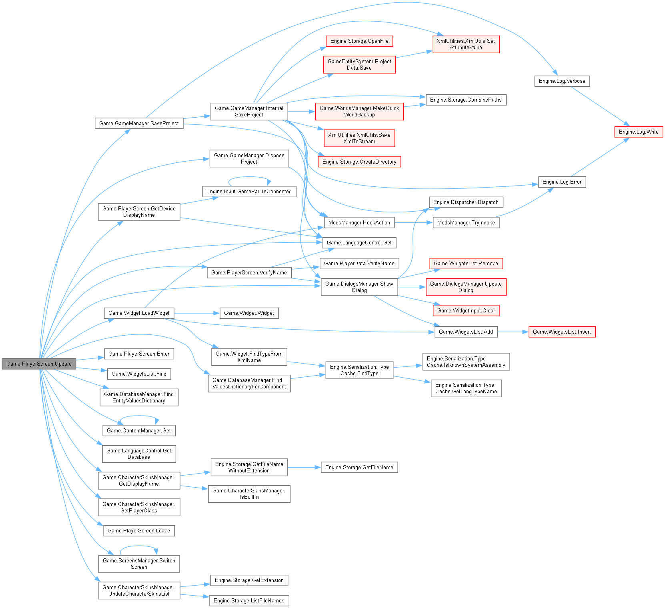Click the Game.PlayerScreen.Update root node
(x=39, y=364)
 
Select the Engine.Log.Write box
(x=638, y=132)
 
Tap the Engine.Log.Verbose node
(x=562, y=81)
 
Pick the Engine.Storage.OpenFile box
(x=359, y=41)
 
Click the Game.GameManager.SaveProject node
(x=139, y=123)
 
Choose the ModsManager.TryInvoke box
(x=466, y=223)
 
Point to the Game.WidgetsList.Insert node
(x=562, y=332)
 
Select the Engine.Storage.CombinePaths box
(x=466, y=100)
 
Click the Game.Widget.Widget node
(x=249, y=313)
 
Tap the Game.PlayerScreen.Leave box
(x=139, y=531)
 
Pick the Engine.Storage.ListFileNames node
(x=249, y=601)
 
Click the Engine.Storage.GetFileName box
(x=359, y=468)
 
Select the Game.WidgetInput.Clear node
(x=466, y=311)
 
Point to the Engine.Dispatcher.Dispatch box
(x=466, y=202)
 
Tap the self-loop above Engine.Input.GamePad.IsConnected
(x=250, y=177)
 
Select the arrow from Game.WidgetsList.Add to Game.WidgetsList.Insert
(x=513, y=332)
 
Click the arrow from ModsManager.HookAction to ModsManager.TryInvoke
(x=414, y=223)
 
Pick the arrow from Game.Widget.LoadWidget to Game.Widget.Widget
(x=196, y=313)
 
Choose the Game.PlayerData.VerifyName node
(x=359, y=264)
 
